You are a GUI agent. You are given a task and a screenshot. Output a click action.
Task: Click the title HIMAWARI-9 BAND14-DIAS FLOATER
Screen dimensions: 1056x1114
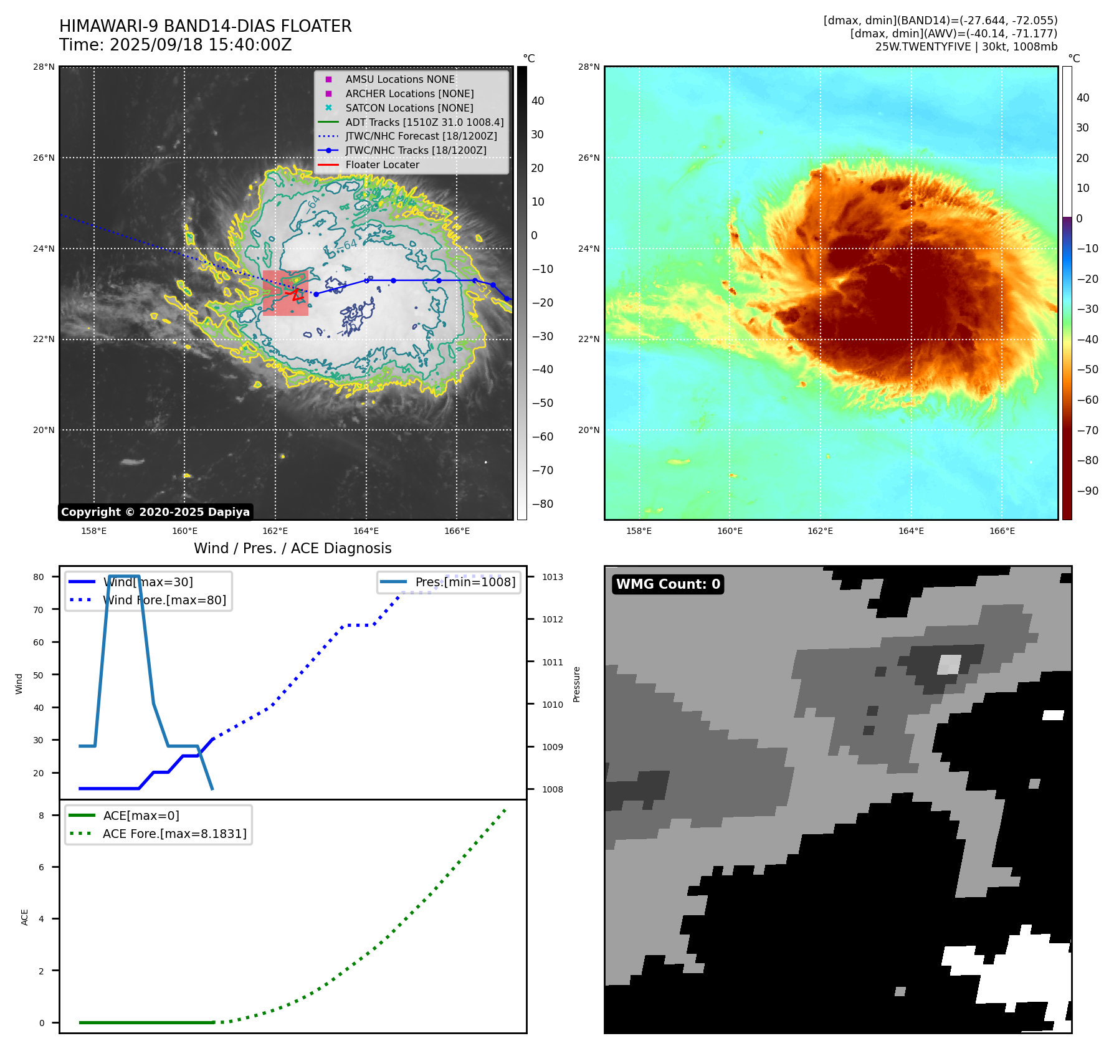[x=205, y=26]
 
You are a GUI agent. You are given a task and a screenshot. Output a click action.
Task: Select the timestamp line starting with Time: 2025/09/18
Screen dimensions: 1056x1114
[x=175, y=45]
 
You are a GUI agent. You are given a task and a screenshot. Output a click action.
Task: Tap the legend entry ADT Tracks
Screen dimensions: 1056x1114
[x=424, y=122]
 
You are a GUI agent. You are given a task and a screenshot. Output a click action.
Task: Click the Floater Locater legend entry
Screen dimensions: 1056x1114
[x=382, y=164]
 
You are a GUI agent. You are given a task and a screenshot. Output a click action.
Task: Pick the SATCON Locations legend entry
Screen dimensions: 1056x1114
[x=409, y=108]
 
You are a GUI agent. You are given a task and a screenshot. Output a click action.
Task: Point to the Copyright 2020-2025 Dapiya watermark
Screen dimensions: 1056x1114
[x=155, y=512]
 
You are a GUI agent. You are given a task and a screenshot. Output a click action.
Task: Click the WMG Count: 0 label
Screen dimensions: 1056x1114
[x=668, y=584]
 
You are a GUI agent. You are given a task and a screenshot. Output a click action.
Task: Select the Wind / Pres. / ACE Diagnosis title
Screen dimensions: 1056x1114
[x=292, y=548]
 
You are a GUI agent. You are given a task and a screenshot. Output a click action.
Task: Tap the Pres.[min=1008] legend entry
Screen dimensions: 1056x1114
[x=465, y=582]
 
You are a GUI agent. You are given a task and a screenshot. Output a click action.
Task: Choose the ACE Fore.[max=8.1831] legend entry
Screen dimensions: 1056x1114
[x=174, y=834]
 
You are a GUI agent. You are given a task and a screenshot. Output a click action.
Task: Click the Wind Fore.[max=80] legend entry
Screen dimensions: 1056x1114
[x=164, y=600]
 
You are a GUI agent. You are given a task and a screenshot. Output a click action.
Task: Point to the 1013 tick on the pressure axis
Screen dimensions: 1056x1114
[x=552, y=577]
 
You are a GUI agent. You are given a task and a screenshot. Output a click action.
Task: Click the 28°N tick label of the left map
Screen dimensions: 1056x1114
[x=44, y=67]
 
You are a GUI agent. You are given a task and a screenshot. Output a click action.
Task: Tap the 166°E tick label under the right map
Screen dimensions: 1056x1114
[x=1002, y=531]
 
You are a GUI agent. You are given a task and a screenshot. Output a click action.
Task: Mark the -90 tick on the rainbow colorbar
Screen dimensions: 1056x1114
[x=1087, y=490]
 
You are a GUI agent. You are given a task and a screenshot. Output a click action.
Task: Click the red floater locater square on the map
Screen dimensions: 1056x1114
[x=285, y=293]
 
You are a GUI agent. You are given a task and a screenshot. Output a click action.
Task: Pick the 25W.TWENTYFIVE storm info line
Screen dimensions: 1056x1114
[x=966, y=47]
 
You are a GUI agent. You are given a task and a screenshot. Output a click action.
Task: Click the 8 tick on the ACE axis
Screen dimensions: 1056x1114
[x=42, y=816]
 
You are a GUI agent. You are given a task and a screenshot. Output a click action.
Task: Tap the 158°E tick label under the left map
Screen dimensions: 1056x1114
[x=94, y=531]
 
